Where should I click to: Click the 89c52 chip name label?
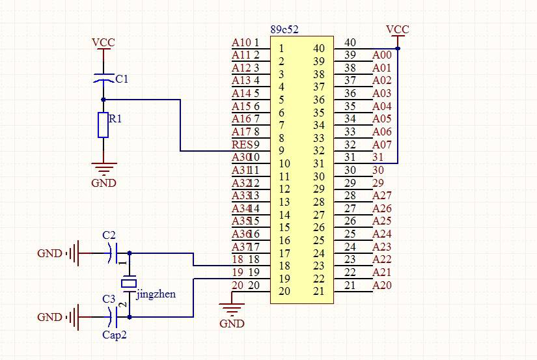pyautogui.click(x=284, y=30)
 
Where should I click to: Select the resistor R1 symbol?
pyautogui.click(x=103, y=125)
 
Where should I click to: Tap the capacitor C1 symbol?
pyautogui.click(x=103, y=79)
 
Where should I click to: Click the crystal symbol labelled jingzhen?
pyautogui.click(x=130, y=283)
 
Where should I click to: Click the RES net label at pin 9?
pyautogui.click(x=241, y=144)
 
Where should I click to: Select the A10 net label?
pyautogui.click(x=241, y=43)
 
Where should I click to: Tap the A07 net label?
pyautogui.click(x=382, y=145)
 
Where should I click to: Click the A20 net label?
pyautogui.click(x=382, y=284)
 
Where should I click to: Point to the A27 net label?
pyautogui.click(x=382, y=195)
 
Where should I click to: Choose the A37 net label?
pyautogui.click(x=241, y=246)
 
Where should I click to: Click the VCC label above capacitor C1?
pyautogui.click(x=103, y=43)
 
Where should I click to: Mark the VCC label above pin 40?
pyautogui.click(x=397, y=29)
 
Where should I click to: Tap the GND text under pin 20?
pyautogui.click(x=232, y=324)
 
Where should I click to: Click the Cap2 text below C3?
pyautogui.click(x=115, y=335)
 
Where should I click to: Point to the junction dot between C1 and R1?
pyautogui.click(x=103, y=100)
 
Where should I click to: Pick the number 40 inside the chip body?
pyautogui.click(x=319, y=48)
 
